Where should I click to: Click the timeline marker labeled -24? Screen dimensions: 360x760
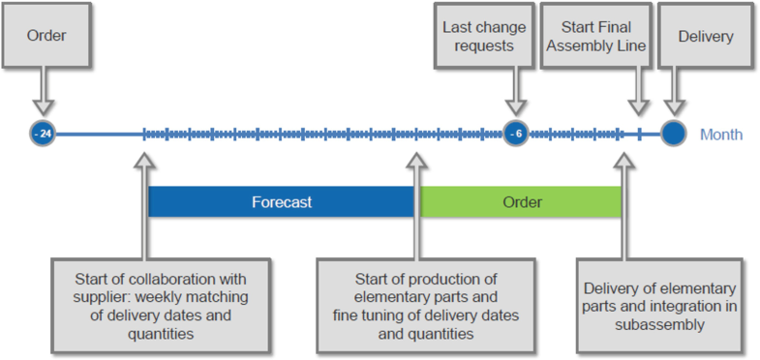tap(41, 134)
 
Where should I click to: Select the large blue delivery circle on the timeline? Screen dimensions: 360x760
tap(673, 134)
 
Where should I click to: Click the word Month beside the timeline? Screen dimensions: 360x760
tap(721, 135)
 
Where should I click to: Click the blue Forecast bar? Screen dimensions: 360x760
tap(282, 202)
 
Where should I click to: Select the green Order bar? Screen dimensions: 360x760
tap(521, 202)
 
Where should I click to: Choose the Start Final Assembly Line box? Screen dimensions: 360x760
tap(593, 38)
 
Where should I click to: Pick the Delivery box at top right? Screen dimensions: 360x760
tap(705, 38)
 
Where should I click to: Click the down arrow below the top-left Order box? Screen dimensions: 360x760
tap(41, 95)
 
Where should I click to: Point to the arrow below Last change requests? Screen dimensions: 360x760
tap(514, 95)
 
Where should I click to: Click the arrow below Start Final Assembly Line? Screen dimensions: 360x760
tap(638, 97)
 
